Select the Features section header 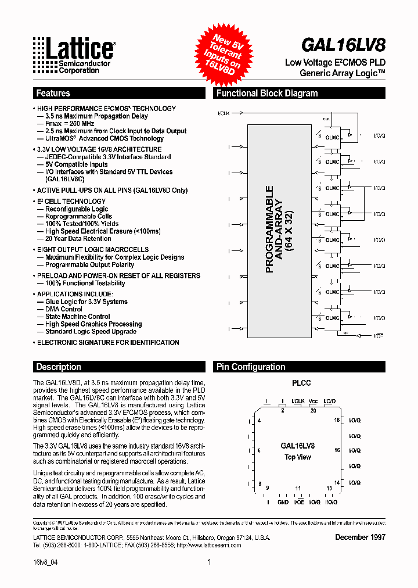53,93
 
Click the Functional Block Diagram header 267,93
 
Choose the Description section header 59,367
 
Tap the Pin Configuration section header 251,367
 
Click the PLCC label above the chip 301,383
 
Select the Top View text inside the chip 298,457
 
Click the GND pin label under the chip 283,502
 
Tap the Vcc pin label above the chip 313,401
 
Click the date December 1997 360,537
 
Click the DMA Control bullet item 64,309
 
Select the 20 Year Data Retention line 78,238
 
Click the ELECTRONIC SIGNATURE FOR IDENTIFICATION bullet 108,343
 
